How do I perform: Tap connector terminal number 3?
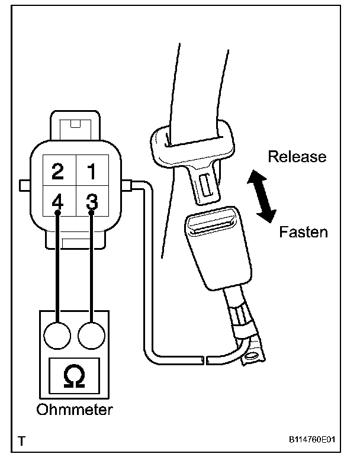point(91,201)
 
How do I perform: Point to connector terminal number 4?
point(57,201)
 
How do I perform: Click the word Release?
point(297,157)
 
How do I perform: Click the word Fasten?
point(303,231)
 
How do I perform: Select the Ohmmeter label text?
point(75,410)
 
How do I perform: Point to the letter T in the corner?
point(22,442)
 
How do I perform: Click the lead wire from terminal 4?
point(57,266)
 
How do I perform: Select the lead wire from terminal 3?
point(91,266)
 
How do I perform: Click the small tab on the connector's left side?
point(24,185)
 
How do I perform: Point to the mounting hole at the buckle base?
point(253,355)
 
